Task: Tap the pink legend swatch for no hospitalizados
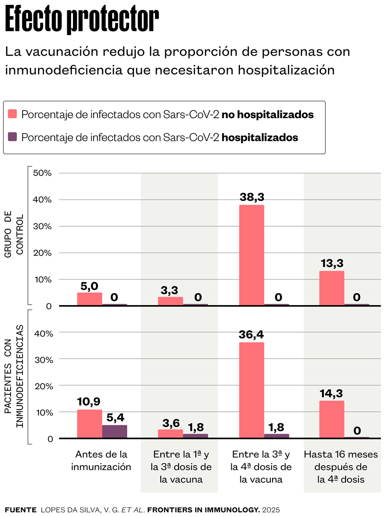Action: pyautogui.click(x=13, y=114)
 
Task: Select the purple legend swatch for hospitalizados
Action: pyautogui.click(x=13, y=137)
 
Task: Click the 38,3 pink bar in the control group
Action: pyautogui.click(x=251, y=255)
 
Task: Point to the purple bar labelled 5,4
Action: pyautogui.click(x=115, y=431)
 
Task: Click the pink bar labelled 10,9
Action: pyautogui.click(x=90, y=424)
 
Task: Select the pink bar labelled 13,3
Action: pyautogui.click(x=332, y=288)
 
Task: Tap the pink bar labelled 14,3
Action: pyautogui.click(x=332, y=419)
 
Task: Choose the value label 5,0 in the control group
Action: pyautogui.click(x=89, y=286)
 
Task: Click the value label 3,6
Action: pyautogui.click(x=170, y=423)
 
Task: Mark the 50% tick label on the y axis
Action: pyautogui.click(x=42, y=173)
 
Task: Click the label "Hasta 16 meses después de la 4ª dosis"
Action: pyautogui.click(x=341, y=466)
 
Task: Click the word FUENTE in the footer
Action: pyautogui.click(x=20, y=509)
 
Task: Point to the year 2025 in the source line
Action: pyautogui.click(x=271, y=509)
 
